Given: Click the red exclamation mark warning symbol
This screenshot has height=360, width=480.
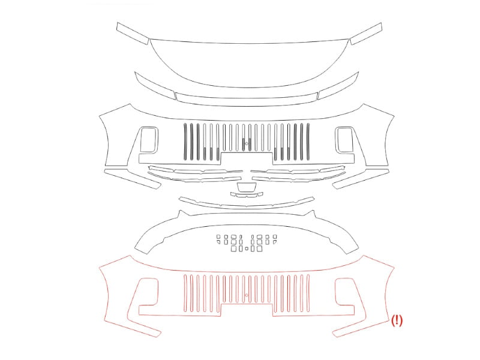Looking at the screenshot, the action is click(397, 320).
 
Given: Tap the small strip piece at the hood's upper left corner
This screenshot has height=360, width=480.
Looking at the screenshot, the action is click(133, 33).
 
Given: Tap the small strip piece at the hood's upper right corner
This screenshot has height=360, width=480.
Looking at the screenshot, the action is click(366, 34).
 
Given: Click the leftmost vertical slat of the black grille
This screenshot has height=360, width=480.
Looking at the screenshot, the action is click(185, 142).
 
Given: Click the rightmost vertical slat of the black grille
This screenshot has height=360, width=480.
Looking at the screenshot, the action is click(308, 142).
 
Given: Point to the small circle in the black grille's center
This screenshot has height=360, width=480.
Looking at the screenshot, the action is click(247, 143).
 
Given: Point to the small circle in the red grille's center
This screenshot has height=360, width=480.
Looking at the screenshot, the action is click(247, 295).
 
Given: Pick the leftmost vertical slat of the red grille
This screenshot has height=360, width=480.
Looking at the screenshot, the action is click(185, 293).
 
